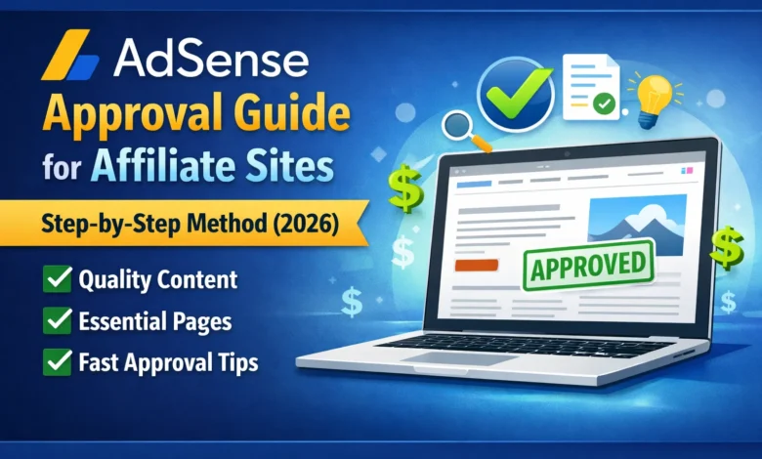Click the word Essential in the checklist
123,321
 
